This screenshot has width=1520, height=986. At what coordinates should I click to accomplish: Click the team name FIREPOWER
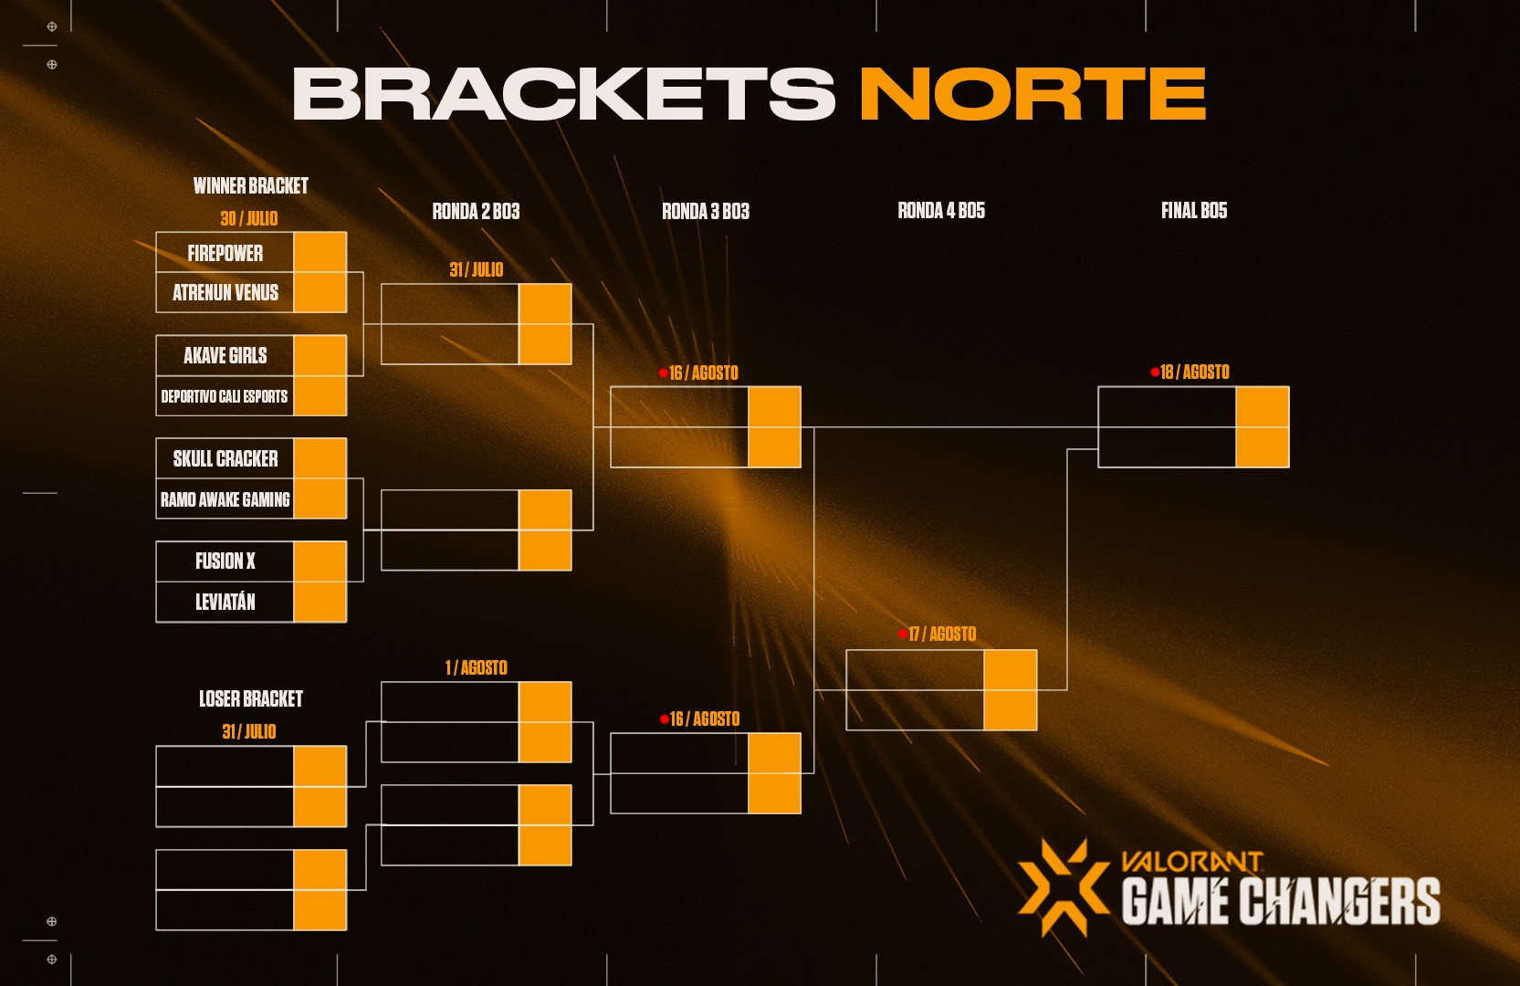point(225,253)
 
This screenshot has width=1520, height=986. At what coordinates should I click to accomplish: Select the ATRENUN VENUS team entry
point(225,292)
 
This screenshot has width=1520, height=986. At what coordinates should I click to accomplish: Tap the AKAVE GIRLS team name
point(225,355)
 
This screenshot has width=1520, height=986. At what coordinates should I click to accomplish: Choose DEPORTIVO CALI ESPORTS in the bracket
point(225,396)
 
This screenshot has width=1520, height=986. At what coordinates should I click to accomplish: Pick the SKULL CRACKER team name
point(225,458)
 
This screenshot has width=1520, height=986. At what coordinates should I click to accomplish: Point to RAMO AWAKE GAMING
point(225,499)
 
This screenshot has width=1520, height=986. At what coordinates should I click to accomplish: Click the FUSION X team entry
point(225,561)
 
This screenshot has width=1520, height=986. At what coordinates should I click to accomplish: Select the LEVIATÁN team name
point(225,602)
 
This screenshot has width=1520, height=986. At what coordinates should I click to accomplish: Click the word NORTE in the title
point(1033,93)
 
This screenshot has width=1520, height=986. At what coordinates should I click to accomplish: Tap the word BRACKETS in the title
point(564,93)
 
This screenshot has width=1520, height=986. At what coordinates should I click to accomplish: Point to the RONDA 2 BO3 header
point(477,212)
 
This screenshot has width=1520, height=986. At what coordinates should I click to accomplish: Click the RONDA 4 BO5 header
point(941,211)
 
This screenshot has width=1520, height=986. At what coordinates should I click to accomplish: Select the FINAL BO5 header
point(1194,211)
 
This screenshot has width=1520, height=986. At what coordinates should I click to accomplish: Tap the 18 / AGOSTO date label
point(1194,372)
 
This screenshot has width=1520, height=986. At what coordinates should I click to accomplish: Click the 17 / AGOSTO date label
point(942,634)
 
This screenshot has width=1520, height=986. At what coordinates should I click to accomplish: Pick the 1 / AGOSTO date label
point(477,667)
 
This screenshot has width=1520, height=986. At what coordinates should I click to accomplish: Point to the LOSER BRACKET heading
point(251,699)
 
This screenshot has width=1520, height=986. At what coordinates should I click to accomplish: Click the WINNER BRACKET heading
point(251,186)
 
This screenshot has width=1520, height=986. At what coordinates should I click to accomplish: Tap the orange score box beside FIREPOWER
point(320,253)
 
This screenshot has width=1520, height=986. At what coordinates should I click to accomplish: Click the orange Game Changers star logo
point(1064,887)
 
